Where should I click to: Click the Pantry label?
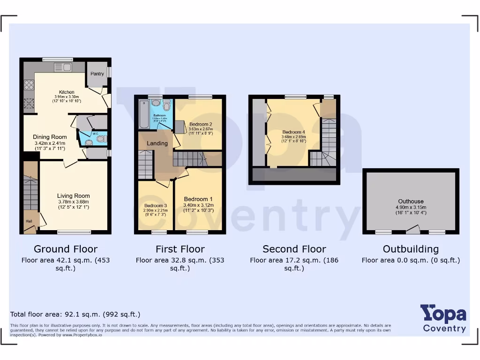coord(97,74)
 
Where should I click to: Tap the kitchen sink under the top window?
coord(63,67)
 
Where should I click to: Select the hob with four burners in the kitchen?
coord(29,85)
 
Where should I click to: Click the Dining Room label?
coord(50,137)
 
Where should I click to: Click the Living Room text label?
coord(73,196)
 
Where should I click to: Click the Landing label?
coord(157,143)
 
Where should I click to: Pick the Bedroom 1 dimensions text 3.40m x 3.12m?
coord(198,205)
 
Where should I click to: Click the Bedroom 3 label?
coord(156,206)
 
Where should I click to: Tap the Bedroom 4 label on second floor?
coord(294,132)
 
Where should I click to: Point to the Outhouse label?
coord(411,202)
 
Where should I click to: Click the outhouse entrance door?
coord(412,230)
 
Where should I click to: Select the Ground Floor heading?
coord(66,249)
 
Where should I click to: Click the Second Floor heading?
coord(294,249)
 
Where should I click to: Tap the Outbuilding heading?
coord(411,249)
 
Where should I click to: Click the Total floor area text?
coord(75,314)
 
